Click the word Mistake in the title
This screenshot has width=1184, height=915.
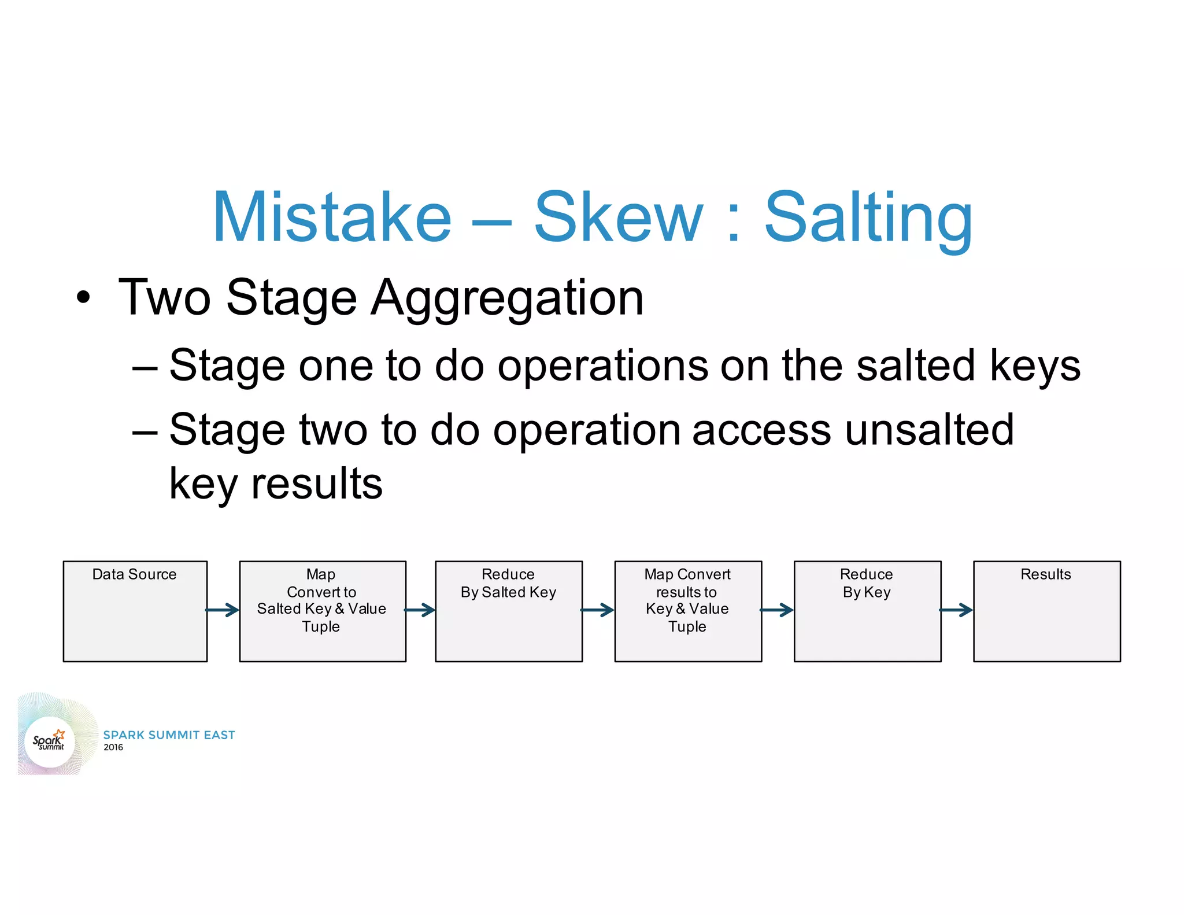(x=332, y=217)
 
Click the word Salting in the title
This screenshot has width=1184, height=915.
(x=868, y=219)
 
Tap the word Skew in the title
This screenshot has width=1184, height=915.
(x=618, y=217)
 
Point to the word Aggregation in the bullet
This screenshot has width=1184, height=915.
(x=507, y=299)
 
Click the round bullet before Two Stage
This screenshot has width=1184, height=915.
(x=84, y=297)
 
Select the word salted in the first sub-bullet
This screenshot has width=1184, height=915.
(x=916, y=366)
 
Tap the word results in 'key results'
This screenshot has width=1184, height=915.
(x=316, y=484)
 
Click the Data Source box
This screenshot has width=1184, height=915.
(x=135, y=611)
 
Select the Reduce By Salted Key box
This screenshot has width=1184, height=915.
(x=508, y=611)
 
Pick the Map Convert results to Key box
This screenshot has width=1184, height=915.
(x=687, y=611)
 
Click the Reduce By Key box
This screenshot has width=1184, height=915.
(x=867, y=611)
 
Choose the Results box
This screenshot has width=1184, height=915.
(x=1046, y=611)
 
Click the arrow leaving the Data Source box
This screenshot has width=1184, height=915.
(x=223, y=610)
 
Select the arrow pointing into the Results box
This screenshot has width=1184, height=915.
(x=956, y=610)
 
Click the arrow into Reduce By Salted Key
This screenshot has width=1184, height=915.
(x=420, y=610)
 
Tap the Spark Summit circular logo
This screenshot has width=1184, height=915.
(x=50, y=741)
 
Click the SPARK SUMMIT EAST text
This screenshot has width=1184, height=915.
(x=169, y=735)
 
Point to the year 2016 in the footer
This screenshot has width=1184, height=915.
(x=113, y=747)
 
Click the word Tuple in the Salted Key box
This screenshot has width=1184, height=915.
(x=321, y=626)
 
